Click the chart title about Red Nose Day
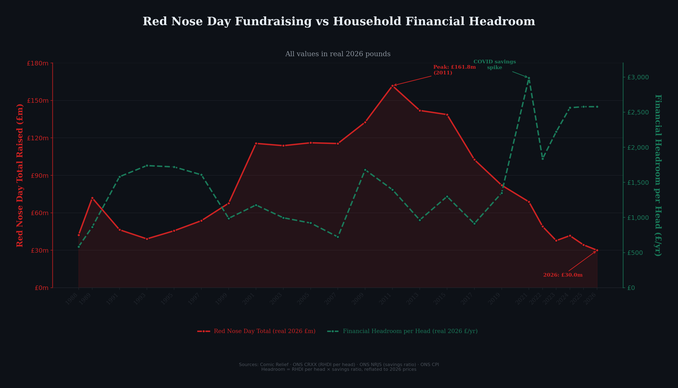pyautogui.click(x=339, y=22)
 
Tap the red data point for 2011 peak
pyautogui.click(x=392, y=86)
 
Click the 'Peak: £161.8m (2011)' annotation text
pyautogui.click(x=454, y=70)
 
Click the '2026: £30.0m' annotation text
pyautogui.click(x=563, y=275)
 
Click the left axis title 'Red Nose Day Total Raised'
pyautogui.click(x=20, y=175)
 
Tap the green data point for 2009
pyautogui.click(x=365, y=170)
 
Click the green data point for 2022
pyautogui.click(x=542, y=159)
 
